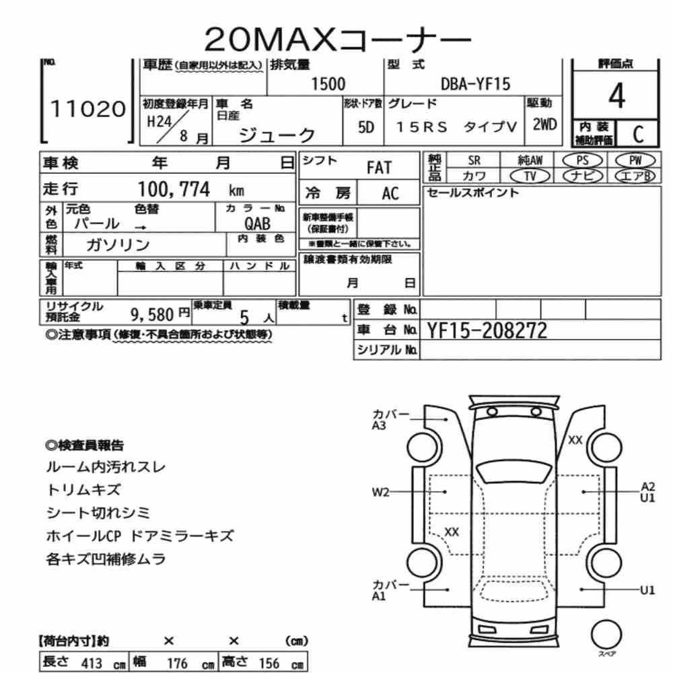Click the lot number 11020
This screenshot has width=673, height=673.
click(x=88, y=108)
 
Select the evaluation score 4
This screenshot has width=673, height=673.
click(x=616, y=96)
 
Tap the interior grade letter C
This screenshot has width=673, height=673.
click(x=638, y=135)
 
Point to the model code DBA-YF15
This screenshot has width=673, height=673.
click(x=476, y=83)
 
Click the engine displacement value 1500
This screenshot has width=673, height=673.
click(x=328, y=83)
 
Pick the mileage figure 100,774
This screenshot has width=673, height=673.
click(x=174, y=189)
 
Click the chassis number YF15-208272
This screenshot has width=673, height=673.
click(x=487, y=330)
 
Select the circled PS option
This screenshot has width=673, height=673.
click(x=582, y=160)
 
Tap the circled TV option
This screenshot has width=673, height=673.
click(x=530, y=176)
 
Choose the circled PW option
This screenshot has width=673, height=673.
click(x=635, y=160)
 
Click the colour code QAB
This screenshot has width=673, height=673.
click(x=258, y=223)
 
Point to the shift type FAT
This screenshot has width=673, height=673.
click(x=379, y=168)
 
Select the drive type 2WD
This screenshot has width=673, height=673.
click(x=544, y=125)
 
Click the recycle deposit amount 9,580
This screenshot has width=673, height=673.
click(x=152, y=315)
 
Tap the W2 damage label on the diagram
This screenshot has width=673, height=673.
click(x=380, y=492)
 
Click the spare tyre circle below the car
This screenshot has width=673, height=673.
click(x=606, y=635)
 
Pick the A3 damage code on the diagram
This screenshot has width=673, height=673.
click(x=378, y=425)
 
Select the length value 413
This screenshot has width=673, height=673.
click(x=92, y=663)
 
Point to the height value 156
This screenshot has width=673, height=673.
click(x=269, y=663)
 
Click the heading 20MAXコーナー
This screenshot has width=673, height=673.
click(x=337, y=39)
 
